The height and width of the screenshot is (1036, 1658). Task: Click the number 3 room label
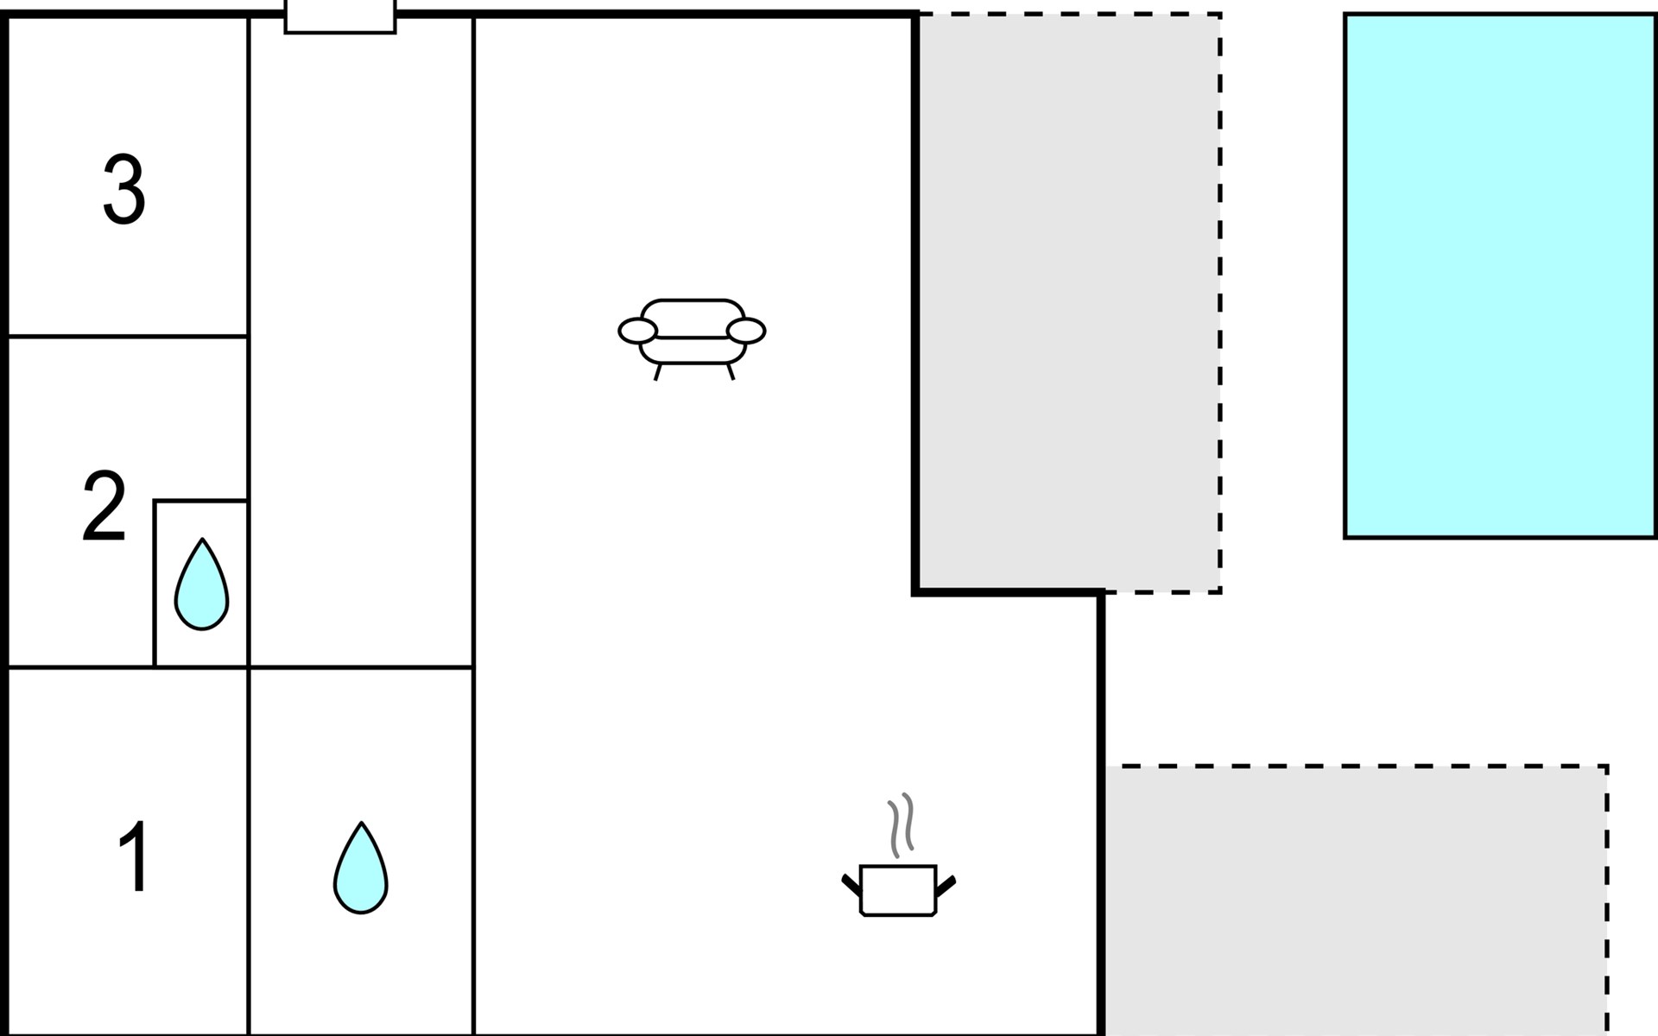pos(123,191)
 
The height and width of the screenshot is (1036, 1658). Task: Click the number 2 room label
pos(104,507)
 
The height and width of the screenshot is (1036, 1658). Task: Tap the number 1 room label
pos(134,856)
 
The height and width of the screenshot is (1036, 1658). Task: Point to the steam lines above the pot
pos(901,824)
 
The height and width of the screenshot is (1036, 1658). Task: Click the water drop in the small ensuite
pos(201,585)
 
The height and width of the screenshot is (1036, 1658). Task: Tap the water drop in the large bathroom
pos(361,868)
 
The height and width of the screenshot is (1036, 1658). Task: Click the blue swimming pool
pos(1499,276)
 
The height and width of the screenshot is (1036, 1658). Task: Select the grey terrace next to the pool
pos(1068,302)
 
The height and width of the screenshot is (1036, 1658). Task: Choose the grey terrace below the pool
pos(1356,902)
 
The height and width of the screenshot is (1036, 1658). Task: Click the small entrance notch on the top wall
pos(340,17)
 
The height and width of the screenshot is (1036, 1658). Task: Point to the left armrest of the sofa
pos(637,331)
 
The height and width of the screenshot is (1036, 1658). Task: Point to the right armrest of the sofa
pos(746,331)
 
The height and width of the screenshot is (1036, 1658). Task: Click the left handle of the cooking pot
pos(851,884)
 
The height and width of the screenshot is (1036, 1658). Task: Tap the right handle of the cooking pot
pos(946,884)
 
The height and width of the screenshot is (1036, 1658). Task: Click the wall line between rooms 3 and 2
pos(128,336)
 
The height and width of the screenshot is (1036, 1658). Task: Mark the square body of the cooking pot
pos(898,890)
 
